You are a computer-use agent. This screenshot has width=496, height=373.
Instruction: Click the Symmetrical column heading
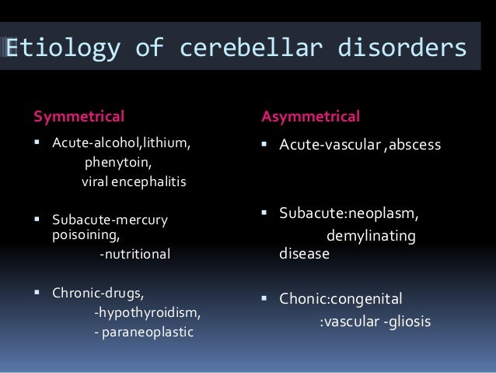pyautogui.click(x=79, y=117)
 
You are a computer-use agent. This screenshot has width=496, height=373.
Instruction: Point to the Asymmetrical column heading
pyautogui.click(x=310, y=117)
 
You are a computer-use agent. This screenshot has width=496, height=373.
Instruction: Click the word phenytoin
pyautogui.click(x=118, y=163)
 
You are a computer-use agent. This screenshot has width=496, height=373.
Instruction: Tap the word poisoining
pyautogui.click(x=86, y=234)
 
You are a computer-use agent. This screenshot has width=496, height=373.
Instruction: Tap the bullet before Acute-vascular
pyautogui.click(x=265, y=144)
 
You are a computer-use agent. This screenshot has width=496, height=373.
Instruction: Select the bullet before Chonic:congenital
pyautogui.click(x=265, y=298)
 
